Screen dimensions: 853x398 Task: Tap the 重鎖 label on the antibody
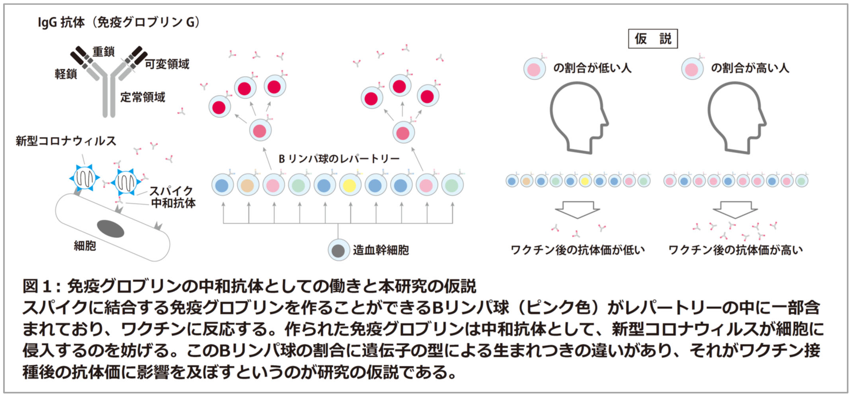pos(103,52)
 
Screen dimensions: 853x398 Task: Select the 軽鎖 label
pos(66,74)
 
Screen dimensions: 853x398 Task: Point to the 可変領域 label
pos(167,64)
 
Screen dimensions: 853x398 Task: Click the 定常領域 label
pos(142,97)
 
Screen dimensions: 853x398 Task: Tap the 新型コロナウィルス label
pos(66,141)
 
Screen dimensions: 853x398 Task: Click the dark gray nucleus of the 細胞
pos(110,229)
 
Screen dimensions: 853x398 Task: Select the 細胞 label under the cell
pos(85,246)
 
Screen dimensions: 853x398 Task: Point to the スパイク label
pos(171,191)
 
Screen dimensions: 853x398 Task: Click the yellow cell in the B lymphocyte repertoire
pos(350,185)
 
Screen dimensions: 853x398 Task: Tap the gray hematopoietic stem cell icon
pos(338,251)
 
